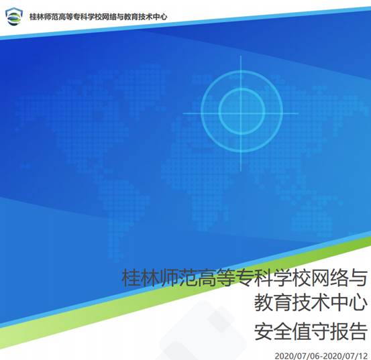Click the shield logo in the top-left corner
[13, 16]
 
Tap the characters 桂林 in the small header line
[37, 17]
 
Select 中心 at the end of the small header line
[160, 17]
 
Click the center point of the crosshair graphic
[241, 113]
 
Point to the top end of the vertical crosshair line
[241, 56]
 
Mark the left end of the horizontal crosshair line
[183, 113]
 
